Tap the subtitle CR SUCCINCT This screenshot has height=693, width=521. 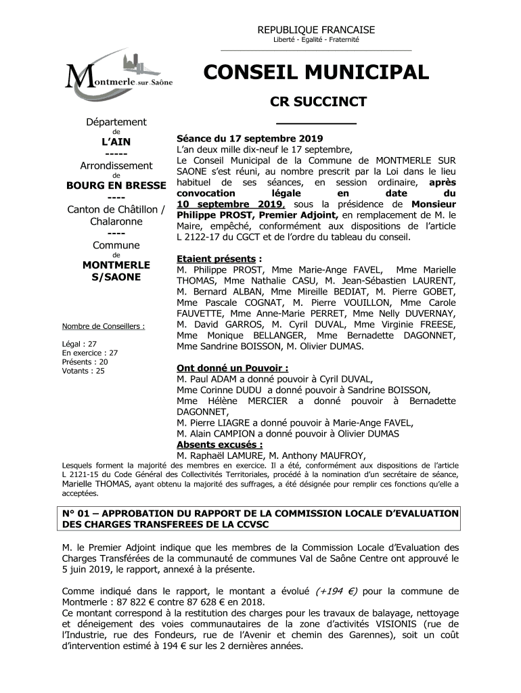318,102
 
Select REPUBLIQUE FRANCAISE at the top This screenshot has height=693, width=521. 316,30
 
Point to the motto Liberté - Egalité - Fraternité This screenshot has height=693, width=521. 316,41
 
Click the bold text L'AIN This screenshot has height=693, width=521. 113,141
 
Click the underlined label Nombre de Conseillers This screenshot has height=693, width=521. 103,326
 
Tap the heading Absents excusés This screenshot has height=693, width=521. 219,445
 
